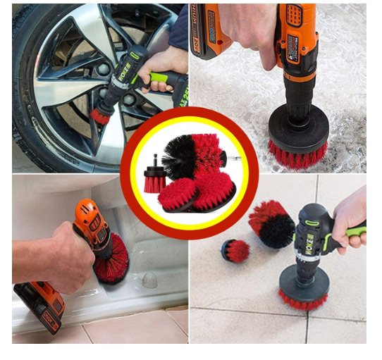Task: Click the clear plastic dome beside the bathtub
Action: click(149, 280)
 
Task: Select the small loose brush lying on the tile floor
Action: click(235, 250)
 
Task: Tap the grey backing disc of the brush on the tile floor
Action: click(303, 282)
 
